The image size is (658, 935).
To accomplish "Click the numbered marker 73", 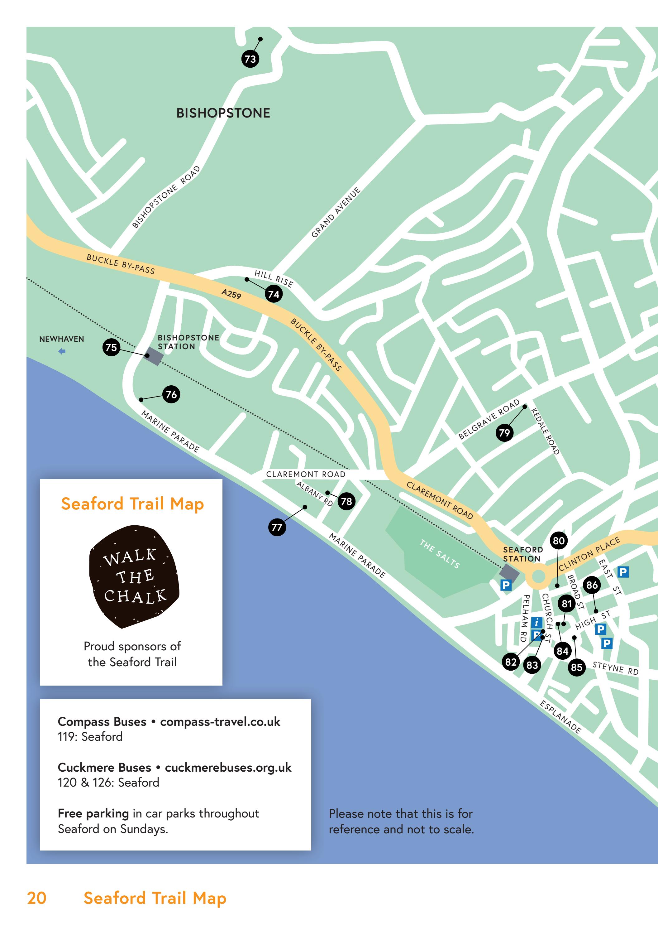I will pyautogui.click(x=250, y=59).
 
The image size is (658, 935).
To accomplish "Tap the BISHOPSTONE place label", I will pyautogui.click(x=223, y=113).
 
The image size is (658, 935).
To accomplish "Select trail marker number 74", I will pyautogui.click(x=274, y=294).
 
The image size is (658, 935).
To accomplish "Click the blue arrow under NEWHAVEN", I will pyautogui.click(x=62, y=351).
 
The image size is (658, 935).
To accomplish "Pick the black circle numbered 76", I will pyautogui.click(x=171, y=394).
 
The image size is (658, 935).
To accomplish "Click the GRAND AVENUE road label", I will pyautogui.click(x=336, y=212).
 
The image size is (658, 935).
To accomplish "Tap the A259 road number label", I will pyautogui.click(x=231, y=293).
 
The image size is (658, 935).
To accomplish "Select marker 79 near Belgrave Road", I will pyautogui.click(x=504, y=432).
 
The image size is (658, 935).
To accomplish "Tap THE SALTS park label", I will pyautogui.click(x=440, y=554).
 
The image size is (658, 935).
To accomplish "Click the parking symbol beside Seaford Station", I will pyautogui.click(x=506, y=585).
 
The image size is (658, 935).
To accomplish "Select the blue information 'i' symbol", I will pyautogui.click(x=537, y=622).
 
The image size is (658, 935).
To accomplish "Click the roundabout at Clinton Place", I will pyautogui.click(x=538, y=577).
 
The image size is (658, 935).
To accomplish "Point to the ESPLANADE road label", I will pyautogui.click(x=560, y=717).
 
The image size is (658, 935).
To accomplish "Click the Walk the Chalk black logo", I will pyautogui.click(x=134, y=576).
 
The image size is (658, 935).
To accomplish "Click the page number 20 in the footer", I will pyautogui.click(x=37, y=898).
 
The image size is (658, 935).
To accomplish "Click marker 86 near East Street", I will pyautogui.click(x=592, y=585).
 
